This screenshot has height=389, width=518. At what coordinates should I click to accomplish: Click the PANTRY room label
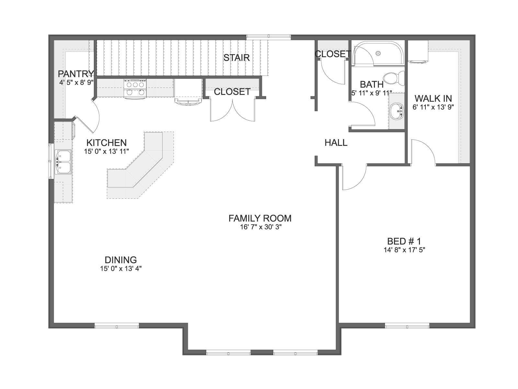[76, 74]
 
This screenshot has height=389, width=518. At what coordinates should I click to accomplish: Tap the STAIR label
[236, 58]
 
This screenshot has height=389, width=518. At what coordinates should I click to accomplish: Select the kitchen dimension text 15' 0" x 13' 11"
[107, 151]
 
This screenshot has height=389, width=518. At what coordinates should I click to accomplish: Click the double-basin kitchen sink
[63, 162]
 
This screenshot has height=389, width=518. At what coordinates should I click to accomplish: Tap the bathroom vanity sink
[397, 111]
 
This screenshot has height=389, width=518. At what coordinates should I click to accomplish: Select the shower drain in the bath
[378, 53]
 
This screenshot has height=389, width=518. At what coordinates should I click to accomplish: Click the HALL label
[336, 143]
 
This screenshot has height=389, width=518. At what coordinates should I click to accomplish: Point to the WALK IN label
[433, 98]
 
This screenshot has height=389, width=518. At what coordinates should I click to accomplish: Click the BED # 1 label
[404, 242]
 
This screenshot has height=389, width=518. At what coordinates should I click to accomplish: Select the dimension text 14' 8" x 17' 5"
[404, 250]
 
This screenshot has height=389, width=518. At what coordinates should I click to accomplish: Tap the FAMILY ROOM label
[260, 218]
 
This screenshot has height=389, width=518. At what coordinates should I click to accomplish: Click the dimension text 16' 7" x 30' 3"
[261, 227]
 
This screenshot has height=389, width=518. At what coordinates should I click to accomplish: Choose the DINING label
[120, 260]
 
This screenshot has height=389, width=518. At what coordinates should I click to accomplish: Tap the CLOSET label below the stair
[232, 92]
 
